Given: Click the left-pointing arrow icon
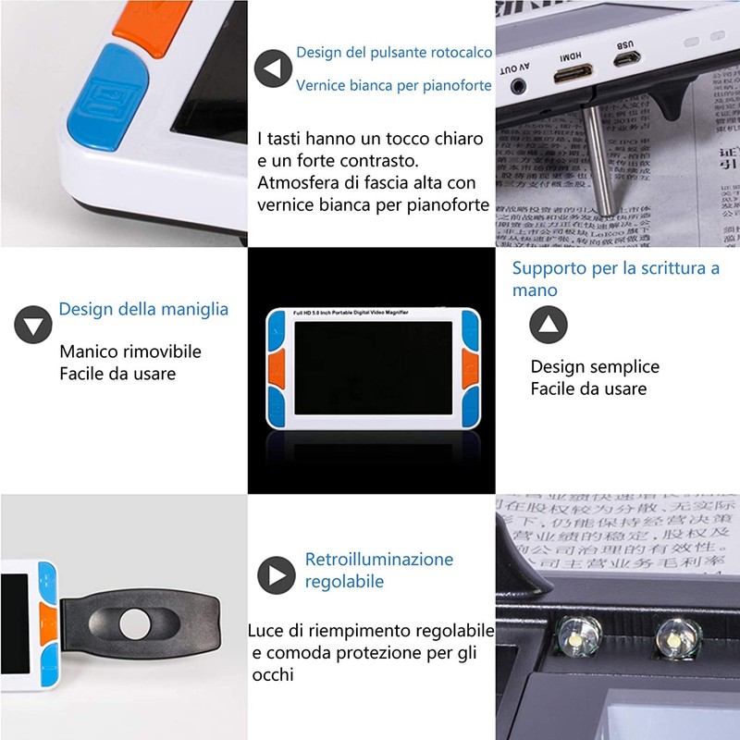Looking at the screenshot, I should (x=273, y=69).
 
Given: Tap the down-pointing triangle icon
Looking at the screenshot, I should (x=33, y=325).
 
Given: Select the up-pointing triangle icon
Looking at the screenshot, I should (x=549, y=325).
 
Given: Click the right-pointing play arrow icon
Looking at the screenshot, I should (x=276, y=575).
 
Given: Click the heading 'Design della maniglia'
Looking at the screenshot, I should (x=143, y=309).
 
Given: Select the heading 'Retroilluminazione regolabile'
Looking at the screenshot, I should (x=379, y=571).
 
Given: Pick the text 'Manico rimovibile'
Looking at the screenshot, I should (x=130, y=351).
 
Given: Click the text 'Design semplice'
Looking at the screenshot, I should (x=595, y=366).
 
